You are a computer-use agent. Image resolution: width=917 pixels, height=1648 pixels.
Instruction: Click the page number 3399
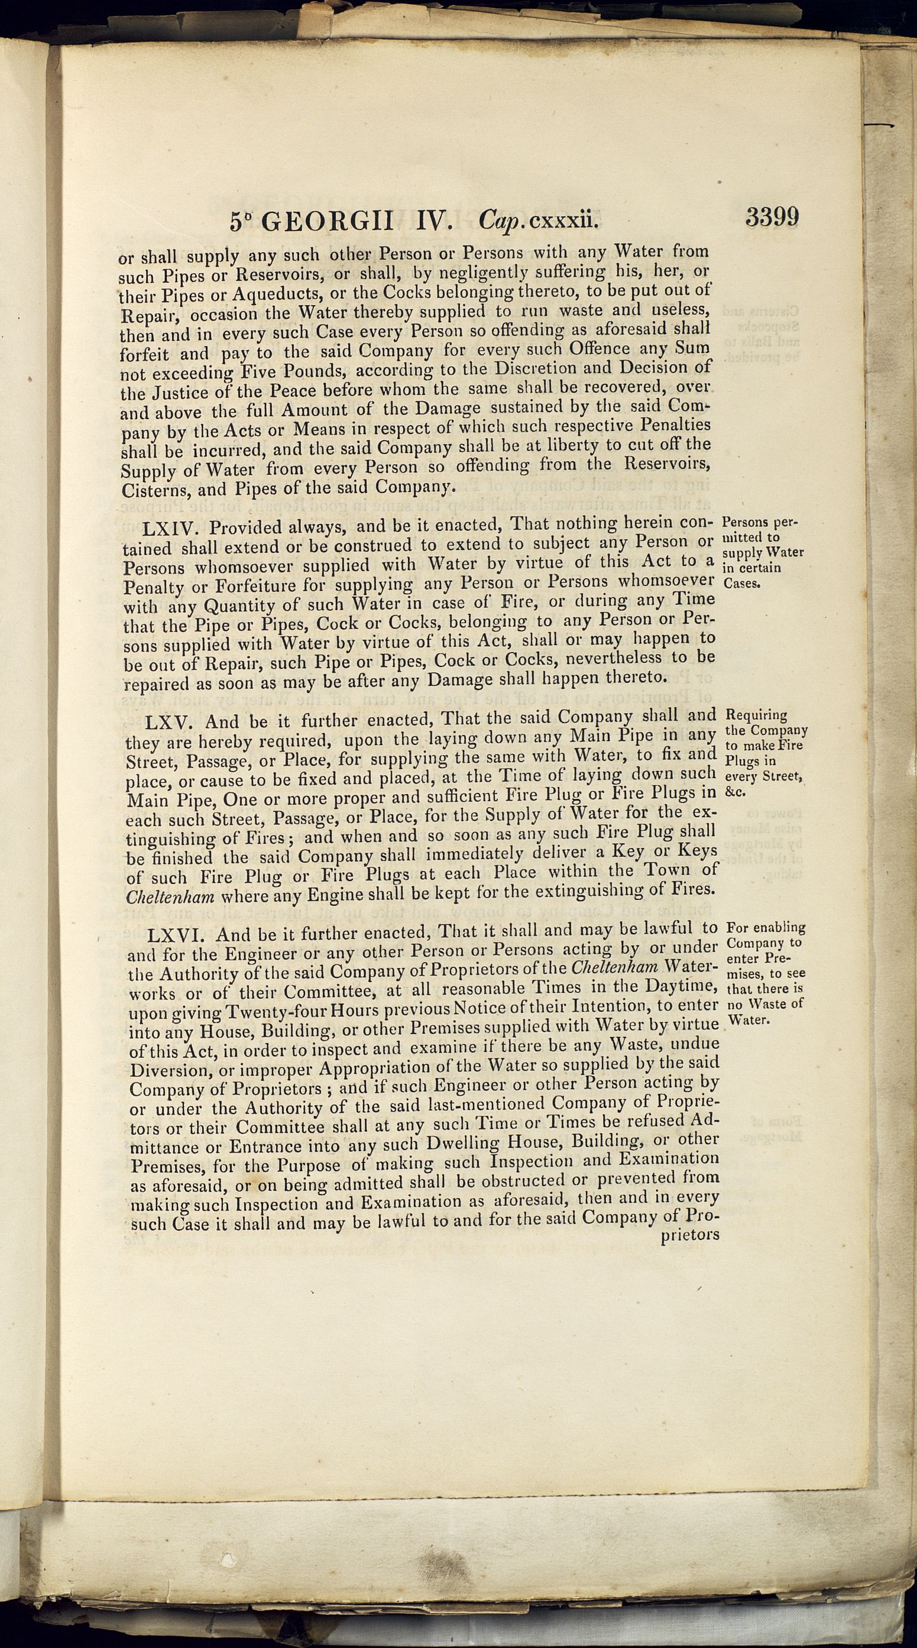coord(771,218)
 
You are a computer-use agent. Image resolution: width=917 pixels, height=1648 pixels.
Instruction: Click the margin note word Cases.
coord(742,584)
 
